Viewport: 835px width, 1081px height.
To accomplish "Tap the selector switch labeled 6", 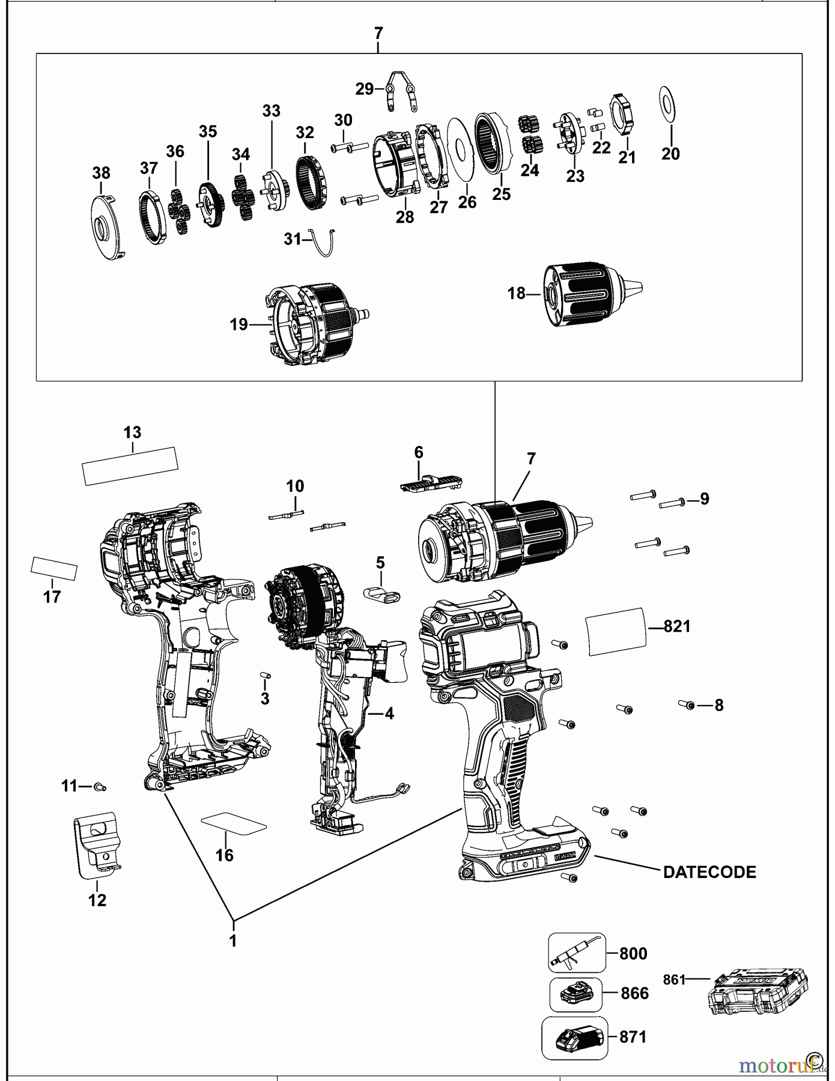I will point(430,482).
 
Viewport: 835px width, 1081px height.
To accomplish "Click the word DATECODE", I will point(709,872).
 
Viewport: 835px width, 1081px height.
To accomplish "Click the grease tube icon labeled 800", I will point(576,953).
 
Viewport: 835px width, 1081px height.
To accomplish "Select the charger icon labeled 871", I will point(574,1037).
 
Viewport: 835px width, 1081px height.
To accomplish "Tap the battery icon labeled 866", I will point(575,995).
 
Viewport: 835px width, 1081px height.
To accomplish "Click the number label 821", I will point(677,626).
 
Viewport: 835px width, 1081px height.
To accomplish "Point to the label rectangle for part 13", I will point(130,465).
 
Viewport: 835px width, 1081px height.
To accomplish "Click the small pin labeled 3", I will point(265,676).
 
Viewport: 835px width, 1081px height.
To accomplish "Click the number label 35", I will point(208,132).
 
